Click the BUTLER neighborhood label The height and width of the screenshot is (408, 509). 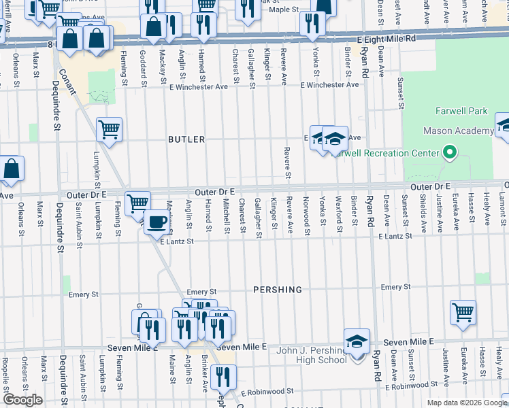click(186, 139)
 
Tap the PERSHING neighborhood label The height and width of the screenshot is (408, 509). click(278, 290)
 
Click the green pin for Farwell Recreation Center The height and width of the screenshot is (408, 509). click(449, 153)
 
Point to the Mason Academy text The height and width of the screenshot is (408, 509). click(458, 131)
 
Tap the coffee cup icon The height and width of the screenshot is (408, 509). click(157, 222)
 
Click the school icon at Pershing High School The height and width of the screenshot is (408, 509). click(357, 341)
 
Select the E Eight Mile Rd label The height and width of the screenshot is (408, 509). click(380, 39)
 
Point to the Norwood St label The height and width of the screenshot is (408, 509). click(306, 214)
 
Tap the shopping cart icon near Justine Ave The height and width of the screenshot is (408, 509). click(463, 313)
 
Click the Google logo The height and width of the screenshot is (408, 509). click(22, 400)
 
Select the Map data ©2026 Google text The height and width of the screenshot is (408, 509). click(466, 403)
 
